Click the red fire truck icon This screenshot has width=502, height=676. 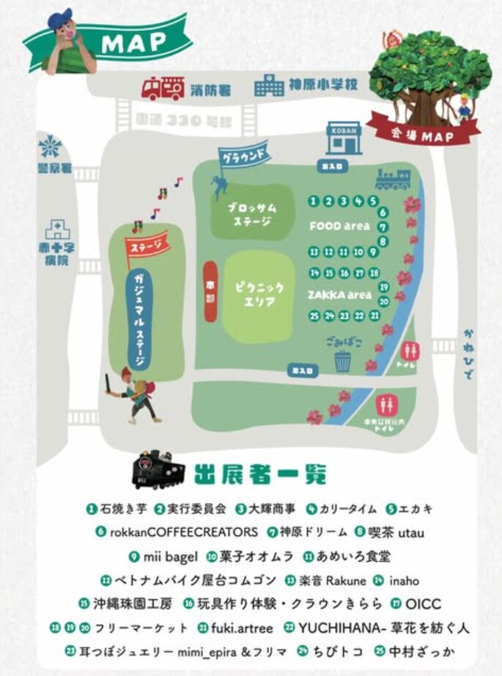(x=163, y=88)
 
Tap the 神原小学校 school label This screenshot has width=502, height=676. (x=321, y=84)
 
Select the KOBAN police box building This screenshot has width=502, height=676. (x=344, y=137)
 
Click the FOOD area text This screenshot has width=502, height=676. (x=339, y=226)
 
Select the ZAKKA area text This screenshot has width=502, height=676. (x=340, y=294)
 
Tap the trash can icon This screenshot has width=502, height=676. (x=342, y=361)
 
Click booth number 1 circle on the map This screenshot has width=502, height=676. (x=314, y=201)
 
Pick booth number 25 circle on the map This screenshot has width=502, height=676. (x=314, y=316)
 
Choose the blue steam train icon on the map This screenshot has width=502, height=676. (x=392, y=179)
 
